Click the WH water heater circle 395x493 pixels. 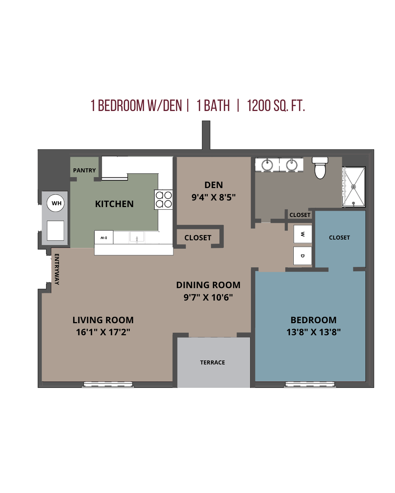(x=56, y=203)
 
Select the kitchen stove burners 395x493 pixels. (x=163, y=199)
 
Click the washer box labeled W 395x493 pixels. (x=303, y=234)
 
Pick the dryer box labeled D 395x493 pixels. (x=303, y=256)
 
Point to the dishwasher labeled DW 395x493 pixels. (x=104, y=238)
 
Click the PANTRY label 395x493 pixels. (x=84, y=170)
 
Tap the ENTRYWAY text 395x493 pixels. (x=57, y=269)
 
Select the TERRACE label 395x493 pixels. (x=212, y=362)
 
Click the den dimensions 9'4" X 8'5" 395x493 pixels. (x=214, y=197)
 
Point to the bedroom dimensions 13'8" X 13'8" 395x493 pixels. (x=313, y=332)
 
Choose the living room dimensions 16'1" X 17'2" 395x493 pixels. (x=103, y=332)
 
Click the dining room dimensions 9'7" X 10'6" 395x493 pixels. (x=208, y=297)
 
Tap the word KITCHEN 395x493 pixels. (x=114, y=204)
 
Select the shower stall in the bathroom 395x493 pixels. (x=354, y=187)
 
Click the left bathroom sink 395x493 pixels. (x=267, y=165)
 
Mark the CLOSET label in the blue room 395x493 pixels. (x=339, y=237)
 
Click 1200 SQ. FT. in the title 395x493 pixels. (x=276, y=106)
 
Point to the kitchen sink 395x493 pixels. (x=137, y=238)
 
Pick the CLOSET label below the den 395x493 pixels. (x=198, y=238)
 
